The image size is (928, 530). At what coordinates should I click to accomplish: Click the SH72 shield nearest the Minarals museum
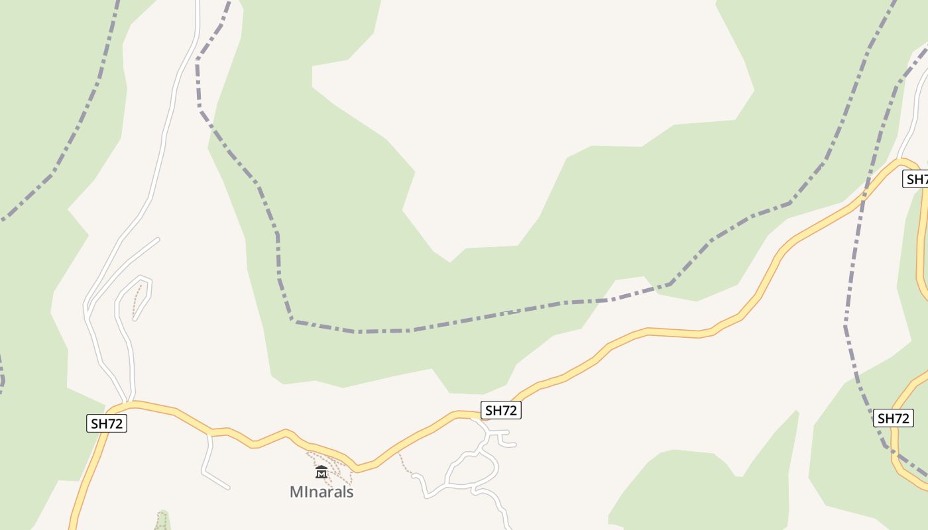[x=500, y=410]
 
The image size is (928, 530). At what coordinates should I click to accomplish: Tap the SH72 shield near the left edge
[x=106, y=423]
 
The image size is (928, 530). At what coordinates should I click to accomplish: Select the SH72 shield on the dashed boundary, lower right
[x=894, y=418]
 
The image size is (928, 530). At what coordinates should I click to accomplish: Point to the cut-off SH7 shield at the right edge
[x=916, y=179]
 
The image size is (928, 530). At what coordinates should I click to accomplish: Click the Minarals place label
[x=321, y=492]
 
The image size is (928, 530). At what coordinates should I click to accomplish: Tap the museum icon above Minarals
[x=321, y=472]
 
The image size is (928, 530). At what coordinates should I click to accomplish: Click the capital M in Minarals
[x=296, y=492]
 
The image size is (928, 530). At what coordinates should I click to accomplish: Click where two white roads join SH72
[x=126, y=402]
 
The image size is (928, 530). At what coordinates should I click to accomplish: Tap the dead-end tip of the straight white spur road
[x=158, y=239]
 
